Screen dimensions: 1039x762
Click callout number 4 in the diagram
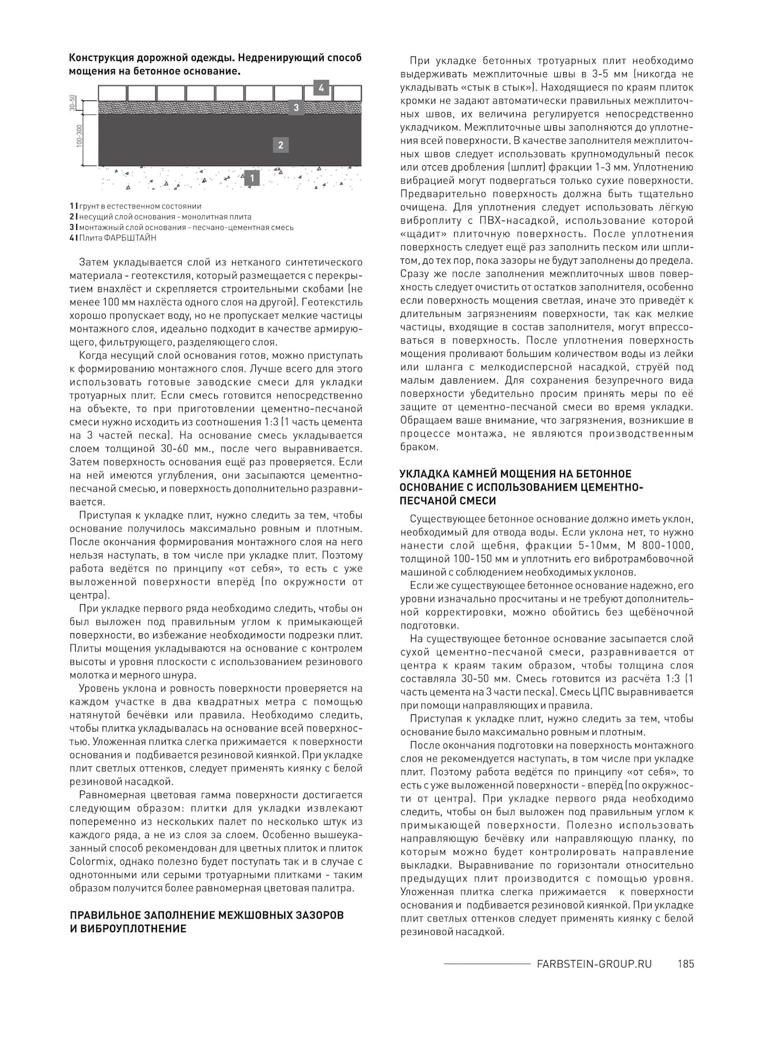(321, 88)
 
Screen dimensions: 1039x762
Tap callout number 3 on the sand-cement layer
(296, 108)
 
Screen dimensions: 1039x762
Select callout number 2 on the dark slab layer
(280, 145)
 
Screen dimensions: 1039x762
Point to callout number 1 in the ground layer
(252, 178)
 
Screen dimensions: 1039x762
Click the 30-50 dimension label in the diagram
(73, 103)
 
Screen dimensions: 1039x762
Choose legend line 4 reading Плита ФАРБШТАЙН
(113, 238)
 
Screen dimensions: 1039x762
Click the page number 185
(686, 964)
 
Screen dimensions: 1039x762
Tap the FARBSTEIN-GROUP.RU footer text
(594, 964)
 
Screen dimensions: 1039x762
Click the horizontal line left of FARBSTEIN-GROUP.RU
(487, 964)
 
